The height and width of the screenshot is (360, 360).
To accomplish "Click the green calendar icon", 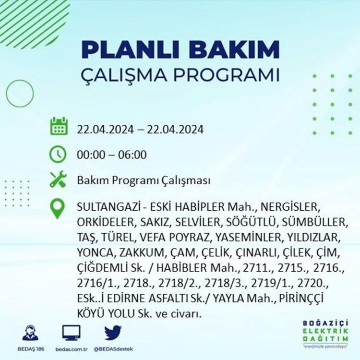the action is pos(59,126).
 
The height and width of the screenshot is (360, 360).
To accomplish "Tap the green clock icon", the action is pos(58,154).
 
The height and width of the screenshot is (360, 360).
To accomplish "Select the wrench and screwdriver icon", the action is pos(58,179).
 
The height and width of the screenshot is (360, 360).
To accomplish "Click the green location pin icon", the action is pos(57,209).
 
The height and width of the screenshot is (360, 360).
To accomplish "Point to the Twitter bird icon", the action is pos(113,332).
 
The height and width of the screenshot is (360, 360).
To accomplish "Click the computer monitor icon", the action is pos(72,333).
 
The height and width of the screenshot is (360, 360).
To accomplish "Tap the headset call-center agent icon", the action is pos(31,333).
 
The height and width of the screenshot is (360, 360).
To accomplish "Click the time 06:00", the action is pos(132,155).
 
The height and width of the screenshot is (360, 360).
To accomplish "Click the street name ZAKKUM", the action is pos(142,253).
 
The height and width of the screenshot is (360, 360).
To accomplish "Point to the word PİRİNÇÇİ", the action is pos(301,299).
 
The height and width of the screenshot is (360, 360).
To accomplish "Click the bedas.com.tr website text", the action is pos(72,349).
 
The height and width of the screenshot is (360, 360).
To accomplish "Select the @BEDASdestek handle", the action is pos(113,349).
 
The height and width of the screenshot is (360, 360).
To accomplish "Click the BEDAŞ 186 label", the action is pos(31,349).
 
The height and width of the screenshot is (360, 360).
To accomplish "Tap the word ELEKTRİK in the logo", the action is pos(325,331).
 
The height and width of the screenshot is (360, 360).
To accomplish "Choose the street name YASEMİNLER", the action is pos(248,238).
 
